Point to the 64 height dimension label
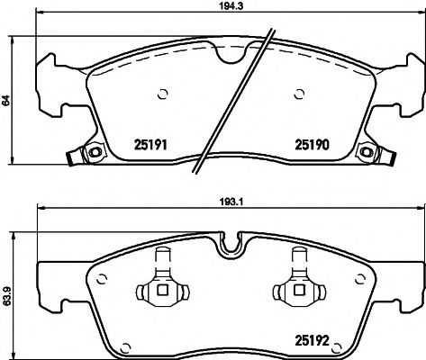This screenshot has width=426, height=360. coord(6,102)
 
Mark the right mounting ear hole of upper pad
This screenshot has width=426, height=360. coord(367,150)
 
